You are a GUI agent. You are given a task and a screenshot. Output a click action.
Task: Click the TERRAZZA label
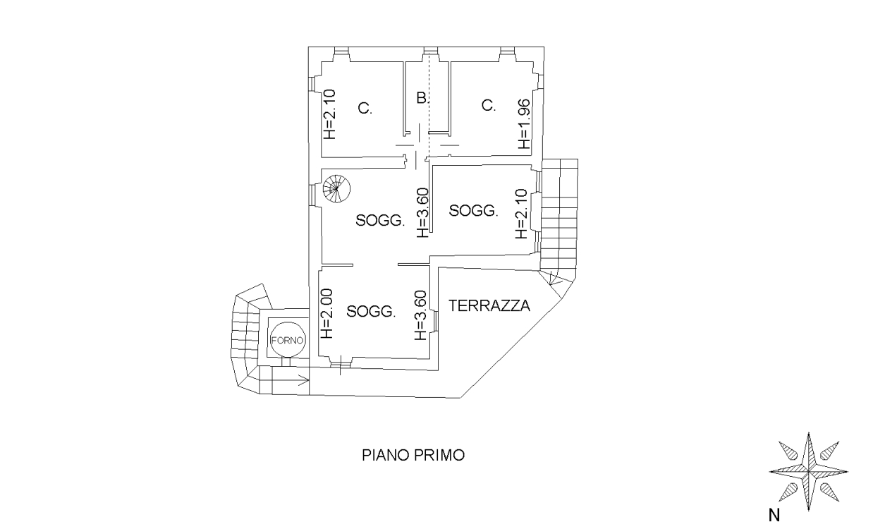489,305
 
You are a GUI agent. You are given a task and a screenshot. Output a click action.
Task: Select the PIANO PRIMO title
413,456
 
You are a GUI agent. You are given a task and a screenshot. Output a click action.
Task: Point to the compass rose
809,472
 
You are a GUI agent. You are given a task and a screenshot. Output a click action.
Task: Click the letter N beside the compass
774,516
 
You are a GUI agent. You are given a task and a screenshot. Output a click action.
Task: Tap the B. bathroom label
422,98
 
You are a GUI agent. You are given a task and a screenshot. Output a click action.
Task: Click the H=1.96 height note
525,124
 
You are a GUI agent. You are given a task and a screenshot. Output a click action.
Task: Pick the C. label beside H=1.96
489,105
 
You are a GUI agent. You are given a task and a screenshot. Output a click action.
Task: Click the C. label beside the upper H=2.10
365,108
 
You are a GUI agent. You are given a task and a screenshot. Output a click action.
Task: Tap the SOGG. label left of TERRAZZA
371,312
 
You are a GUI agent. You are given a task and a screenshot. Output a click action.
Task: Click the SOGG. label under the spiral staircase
380,221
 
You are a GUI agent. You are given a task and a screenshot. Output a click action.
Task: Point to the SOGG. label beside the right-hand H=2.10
474,210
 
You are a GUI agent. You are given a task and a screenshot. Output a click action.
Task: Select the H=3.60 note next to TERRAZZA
421,315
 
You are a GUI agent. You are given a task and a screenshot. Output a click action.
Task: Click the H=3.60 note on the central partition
422,213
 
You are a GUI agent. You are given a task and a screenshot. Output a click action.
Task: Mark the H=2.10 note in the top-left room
329,114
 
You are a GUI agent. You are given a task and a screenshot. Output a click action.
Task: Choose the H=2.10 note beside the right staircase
521,214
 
